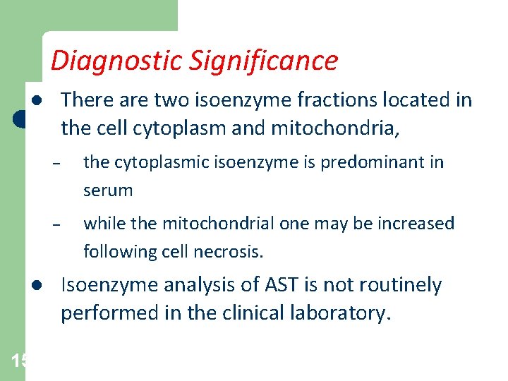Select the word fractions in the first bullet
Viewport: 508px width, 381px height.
[x=330, y=100]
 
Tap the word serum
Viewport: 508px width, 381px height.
[x=107, y=190]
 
